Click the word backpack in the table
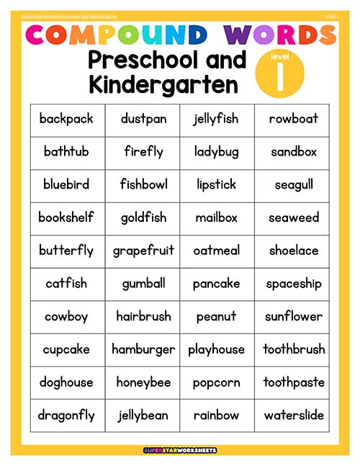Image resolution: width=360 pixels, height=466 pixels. coord(66,119)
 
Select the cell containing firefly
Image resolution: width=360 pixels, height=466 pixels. coord(143,152)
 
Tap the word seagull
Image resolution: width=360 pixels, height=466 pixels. coord(294,185)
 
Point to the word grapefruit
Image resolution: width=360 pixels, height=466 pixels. coord(143,251)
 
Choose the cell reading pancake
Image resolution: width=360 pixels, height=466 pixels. coord(216,284)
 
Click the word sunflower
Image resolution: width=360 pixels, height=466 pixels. coord(294,317)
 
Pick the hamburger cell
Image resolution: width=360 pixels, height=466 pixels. coord(143,349)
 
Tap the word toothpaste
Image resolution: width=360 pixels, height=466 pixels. coord(294,382)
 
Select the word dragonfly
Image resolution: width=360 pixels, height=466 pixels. coord(66,416)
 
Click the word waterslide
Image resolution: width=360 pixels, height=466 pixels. coord(294,416)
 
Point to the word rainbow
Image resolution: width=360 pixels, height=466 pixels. coord(216,416)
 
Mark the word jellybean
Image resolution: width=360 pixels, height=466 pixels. coord(143,416)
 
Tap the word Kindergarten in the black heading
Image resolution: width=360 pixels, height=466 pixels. coord(163,85)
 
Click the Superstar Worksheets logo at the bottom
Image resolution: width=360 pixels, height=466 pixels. coord(179,450)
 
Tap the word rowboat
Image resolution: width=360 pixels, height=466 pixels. coord(294,119)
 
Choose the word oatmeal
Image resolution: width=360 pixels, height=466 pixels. coord(216,251)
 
